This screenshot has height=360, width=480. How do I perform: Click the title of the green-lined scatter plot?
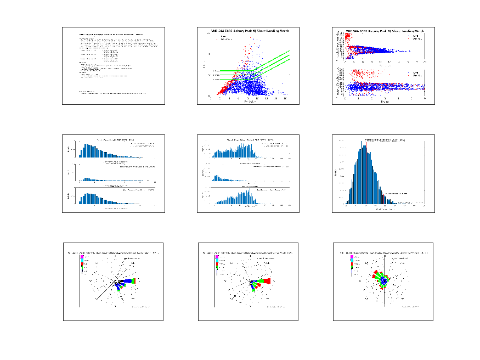pos(250,31)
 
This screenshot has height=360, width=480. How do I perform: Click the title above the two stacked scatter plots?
pos(385,31)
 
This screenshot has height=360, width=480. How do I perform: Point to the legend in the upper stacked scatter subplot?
pos(416,38)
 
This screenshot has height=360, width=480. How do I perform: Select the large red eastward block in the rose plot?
pos(267,281)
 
